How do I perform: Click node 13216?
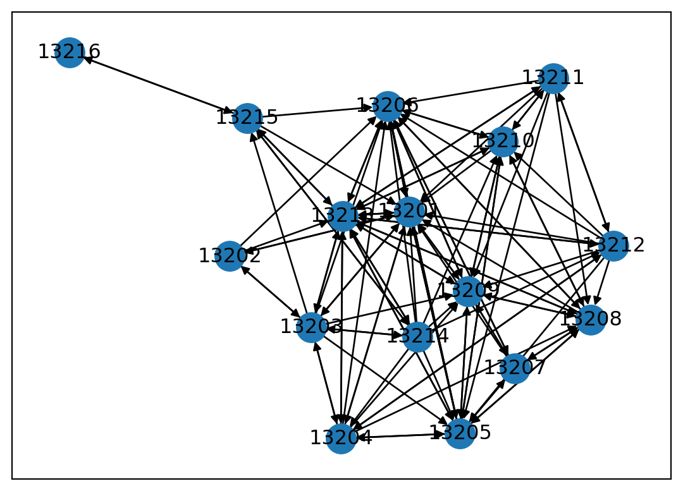click(70, 52)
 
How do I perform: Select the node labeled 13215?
click(247, 118)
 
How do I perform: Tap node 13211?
click(553, 78)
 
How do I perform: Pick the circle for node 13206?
click(388, 106)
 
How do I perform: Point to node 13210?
click(503, 142)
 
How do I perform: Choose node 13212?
click(613, 246)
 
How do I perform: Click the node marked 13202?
click(230, 256)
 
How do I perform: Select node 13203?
click(311, 327)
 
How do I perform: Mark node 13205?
click(460, 433)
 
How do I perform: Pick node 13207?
click(515, 368)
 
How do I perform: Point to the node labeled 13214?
click(417, 336)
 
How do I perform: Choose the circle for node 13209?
click(469, 291)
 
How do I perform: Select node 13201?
click(409, 212)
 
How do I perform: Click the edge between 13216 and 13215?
click(158, 85)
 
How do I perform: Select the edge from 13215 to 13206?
click(317, 112)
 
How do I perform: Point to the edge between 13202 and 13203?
click(270, 291)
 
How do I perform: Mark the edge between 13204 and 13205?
click(400, 436)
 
